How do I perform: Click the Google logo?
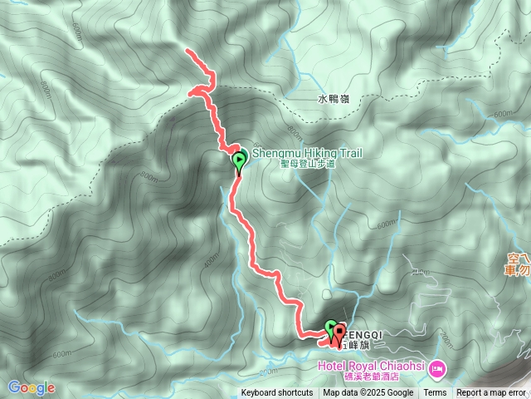coord(32,387)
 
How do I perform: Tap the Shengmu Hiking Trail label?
coord(306,153)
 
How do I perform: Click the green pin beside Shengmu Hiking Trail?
coord(239,161)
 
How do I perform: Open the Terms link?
coord(435,393)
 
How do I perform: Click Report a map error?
coord(491,393)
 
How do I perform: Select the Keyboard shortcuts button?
coord(277,393)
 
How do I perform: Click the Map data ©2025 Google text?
coord(368,393)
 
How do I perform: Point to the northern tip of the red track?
coord(188,52)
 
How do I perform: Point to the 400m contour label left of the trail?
coord(210,260)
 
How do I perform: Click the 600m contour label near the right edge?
coord(503,114)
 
